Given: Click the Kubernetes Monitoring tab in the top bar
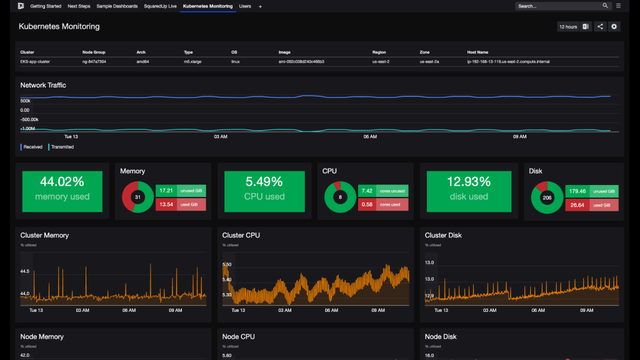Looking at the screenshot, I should (x=207, y=6).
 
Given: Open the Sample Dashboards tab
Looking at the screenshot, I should (x=117, y=6).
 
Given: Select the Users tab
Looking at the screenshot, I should (x=245, y=6).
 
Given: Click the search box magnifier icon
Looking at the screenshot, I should (x=605, y=6).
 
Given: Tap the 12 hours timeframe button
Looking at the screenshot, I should (x=568, y=27).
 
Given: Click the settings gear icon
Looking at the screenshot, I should (x=614, y=27).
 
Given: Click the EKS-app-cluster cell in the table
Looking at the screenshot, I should (x=35, y=62).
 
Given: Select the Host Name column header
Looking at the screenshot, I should (x=477, y=52).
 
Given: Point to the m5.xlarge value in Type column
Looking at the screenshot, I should (x=191, y=62).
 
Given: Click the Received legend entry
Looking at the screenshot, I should (x=32, y=147).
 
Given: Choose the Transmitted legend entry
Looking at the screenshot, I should (x=62, y=147).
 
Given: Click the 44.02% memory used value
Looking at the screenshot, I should (x=62, y=182).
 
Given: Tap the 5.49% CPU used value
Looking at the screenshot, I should (x=264, y=182).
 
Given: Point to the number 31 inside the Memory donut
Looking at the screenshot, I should (x=137, y=197).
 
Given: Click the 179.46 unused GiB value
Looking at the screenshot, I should (x=578, y=191).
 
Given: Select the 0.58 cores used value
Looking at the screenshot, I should (x=367, y=204).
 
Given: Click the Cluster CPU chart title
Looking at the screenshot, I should (x=241, y=236).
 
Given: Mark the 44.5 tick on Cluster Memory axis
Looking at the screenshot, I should (x=25, y=272).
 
